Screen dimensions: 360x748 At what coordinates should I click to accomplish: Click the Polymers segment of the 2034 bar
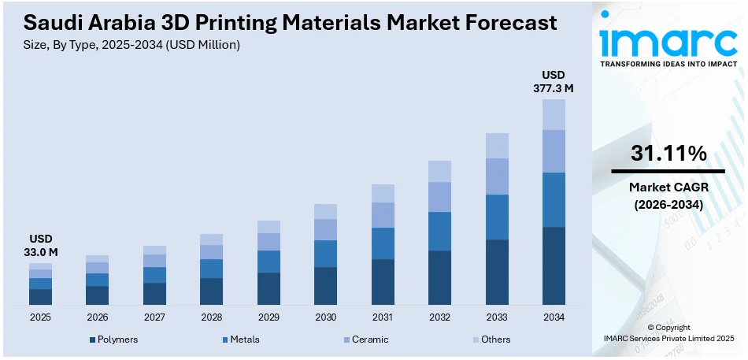pyautogui.click(x=554, y=265)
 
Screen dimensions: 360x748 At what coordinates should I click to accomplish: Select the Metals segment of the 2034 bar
pyautogui.click(x=554, y=199)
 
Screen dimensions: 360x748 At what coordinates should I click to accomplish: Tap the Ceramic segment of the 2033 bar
pyautogui.click(x=497, y=176)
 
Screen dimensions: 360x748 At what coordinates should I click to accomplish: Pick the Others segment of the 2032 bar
pyautogui.click(x=439, y=171)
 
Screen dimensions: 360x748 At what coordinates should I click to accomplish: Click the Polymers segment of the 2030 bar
pyautogui.click(x=325, y=286)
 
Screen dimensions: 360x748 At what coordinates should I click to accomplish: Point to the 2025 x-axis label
pyautogui.click(x=40, y=317)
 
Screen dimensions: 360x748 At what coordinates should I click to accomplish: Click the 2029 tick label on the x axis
pyautogui.click(x=268, y=317)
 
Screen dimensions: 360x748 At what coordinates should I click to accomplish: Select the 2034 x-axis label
pyautogui.click(x=554, y=317)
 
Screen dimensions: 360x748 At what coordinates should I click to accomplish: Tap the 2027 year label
pyautogui.click(x=154, y=317)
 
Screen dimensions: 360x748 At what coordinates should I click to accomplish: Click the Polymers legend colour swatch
pyautogui.click(x=92, y=340)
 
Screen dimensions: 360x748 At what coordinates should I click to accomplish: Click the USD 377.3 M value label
pyautogui.click(x=554, y=82)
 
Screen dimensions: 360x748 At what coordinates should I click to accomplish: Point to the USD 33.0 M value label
pyautogui.click(x=40, y=245)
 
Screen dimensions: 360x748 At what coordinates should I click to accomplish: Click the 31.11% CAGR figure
pyautogui.click(x=668, y=154)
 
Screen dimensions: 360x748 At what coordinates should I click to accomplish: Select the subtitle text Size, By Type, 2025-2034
pyautogui.click(x=94, y=45)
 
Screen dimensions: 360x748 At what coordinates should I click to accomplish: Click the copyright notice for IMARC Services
pyautogui.click(x=668, y=332)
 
